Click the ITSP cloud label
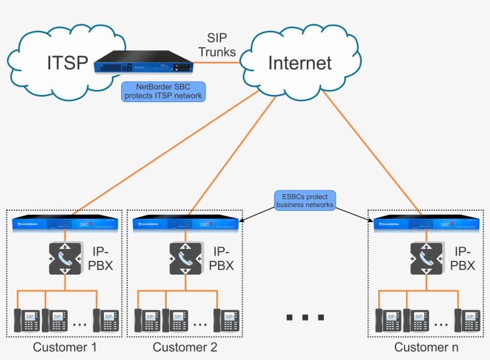(67, 62)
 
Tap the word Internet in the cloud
(299, 63)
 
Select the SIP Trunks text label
(217, 45)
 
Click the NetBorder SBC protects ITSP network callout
(163, 91)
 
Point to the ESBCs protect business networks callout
(305, 200)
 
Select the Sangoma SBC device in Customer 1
(65, 224)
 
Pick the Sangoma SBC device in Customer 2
(186, 224)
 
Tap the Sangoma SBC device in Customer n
(427, 224)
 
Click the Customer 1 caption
(65, 347)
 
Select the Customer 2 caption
(185, 347)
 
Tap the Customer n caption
(426, 347)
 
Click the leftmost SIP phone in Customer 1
(26, 320)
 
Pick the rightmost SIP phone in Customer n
(467, 320)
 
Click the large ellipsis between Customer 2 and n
(305, 316)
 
